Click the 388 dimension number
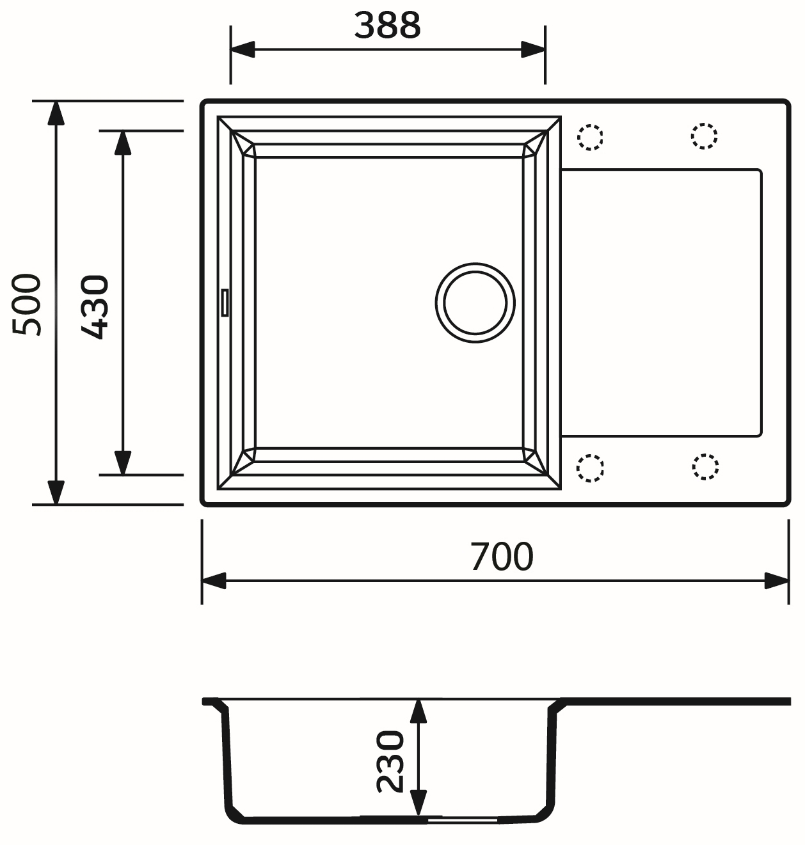(x=387, y=26)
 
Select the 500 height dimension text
(x=28, y=304)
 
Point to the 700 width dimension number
(x=501, y=556)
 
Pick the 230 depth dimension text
(x=390, y=761)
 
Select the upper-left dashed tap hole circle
(x=590, y=137)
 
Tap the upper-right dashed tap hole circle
(x=705, y=136)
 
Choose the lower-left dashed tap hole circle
(x=590, y=468)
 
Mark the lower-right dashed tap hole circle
(x=705, y=466)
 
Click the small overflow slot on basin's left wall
(x=225, y=302)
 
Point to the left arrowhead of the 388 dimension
(x=243, y=49)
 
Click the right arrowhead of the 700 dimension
(x=777, y=581)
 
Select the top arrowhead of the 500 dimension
(x=56, y=113)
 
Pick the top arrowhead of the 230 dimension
(x=418, y=711)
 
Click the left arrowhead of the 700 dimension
(x=214, y=581)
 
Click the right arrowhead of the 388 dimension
(x=533, y=49)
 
